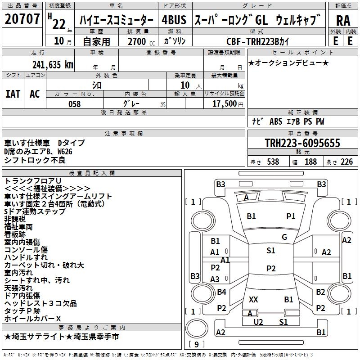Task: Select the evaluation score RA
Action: click(342, 21)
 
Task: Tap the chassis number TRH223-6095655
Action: click(302, 143)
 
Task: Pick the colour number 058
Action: click(74, 104)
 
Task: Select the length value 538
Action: click(273, 162)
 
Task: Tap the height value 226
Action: click(346, 162)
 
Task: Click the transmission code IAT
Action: click(13, 94)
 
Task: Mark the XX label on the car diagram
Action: click(253, 299)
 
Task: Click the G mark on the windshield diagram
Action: click(284, 237)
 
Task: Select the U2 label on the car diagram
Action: click(258, 322)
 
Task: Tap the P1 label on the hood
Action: click(291, 216)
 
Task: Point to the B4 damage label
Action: click(221, 292)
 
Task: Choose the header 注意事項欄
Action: click(123, 134)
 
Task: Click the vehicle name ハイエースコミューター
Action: click(116, 21)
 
